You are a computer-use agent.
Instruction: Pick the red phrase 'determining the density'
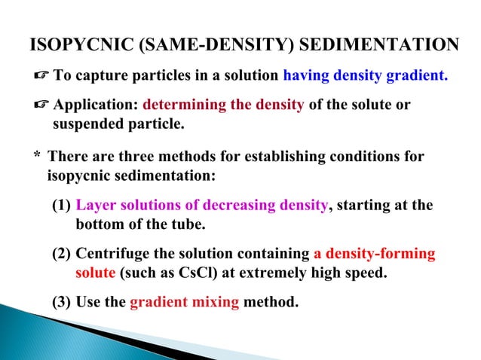point(223,105)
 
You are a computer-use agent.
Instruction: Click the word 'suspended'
point(87,123)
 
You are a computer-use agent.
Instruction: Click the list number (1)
point(61,206)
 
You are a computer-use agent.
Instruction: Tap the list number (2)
point(61,254)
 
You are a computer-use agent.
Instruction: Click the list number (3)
point(61,303)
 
